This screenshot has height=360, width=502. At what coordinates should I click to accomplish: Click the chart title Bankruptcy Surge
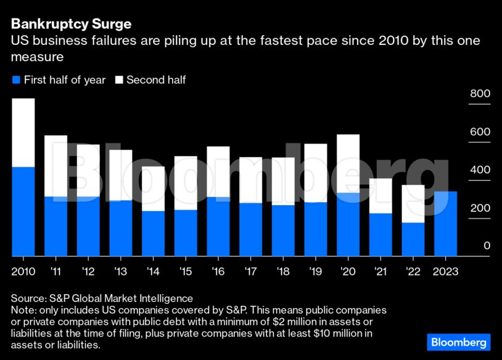coord(70,25)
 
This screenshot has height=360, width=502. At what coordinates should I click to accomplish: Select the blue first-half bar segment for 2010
coord(23,211)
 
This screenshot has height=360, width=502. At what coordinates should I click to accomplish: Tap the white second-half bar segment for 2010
coord(23,133)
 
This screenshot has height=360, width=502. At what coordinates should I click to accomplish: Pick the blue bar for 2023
coord(445,223)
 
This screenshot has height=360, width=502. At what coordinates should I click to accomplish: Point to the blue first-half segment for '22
coord(413,239)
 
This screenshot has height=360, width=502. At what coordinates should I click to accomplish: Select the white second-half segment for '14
coord(153,189)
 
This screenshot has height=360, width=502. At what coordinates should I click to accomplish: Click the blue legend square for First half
coord(16,80)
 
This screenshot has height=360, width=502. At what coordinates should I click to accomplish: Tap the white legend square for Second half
coord(118,80)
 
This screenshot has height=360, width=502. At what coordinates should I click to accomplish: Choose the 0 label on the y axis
coord(487,246)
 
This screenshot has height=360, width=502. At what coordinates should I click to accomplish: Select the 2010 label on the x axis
coord(23,271)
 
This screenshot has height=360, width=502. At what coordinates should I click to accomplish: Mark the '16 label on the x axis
coord(218,271)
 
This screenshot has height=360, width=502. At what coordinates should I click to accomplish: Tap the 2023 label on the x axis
coord(445,271)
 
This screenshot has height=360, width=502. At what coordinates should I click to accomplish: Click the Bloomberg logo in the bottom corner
coord(458,342)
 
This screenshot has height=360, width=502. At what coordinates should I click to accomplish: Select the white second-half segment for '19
coord(316,173)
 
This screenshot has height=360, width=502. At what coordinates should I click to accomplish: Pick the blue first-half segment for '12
coord(88,226)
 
